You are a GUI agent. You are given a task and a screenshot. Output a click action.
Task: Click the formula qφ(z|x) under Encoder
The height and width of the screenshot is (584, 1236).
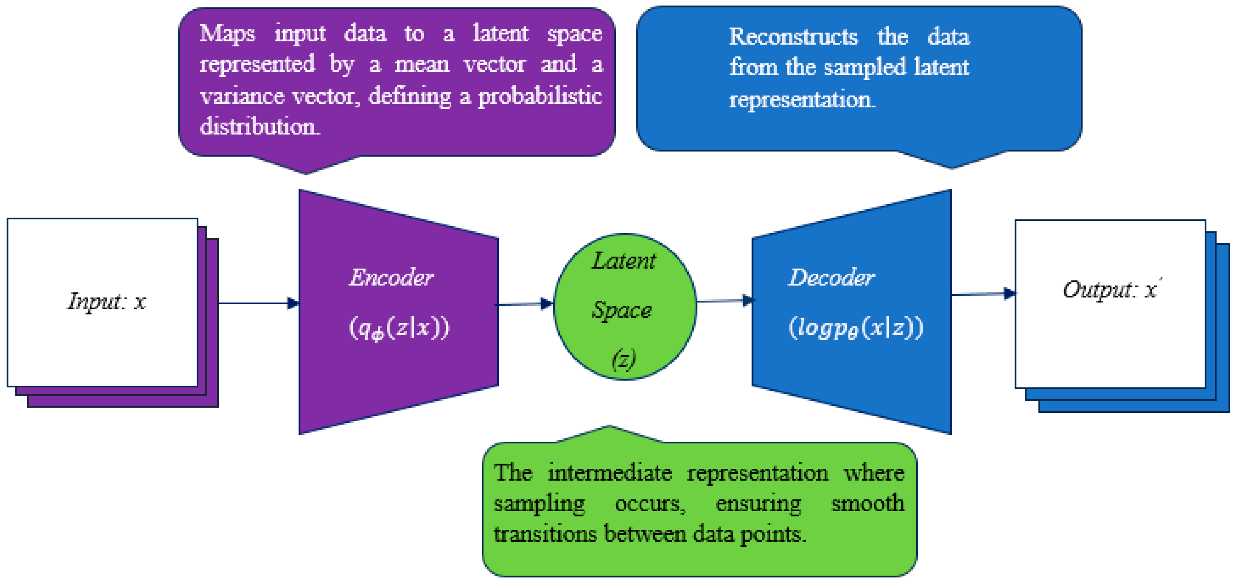point(399,328)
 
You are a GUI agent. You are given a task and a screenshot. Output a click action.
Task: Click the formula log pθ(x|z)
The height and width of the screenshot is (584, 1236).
point(856,328)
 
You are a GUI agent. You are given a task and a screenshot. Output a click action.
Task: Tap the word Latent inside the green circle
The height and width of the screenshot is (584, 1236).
point(623,261)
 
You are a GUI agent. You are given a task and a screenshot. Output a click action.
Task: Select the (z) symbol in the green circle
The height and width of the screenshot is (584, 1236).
point(624,359)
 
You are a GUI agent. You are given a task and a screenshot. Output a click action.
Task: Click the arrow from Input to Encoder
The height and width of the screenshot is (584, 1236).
point(259,303)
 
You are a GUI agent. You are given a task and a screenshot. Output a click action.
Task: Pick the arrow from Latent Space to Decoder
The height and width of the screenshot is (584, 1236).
point(725,301)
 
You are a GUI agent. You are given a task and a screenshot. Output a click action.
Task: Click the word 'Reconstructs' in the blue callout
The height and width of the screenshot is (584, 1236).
point(793,37)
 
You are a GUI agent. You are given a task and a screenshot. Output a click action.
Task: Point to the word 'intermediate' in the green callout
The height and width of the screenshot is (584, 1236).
point(610,473)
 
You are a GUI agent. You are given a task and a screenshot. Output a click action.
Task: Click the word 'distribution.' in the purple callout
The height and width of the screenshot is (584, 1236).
point(259,127)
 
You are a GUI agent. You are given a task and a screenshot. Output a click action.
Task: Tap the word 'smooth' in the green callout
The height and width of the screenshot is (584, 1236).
point(867,504)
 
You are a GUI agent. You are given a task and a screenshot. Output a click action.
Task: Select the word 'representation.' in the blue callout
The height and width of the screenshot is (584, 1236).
point(802,100)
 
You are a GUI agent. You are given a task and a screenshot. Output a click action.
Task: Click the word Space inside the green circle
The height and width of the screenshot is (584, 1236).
point(622,310)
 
